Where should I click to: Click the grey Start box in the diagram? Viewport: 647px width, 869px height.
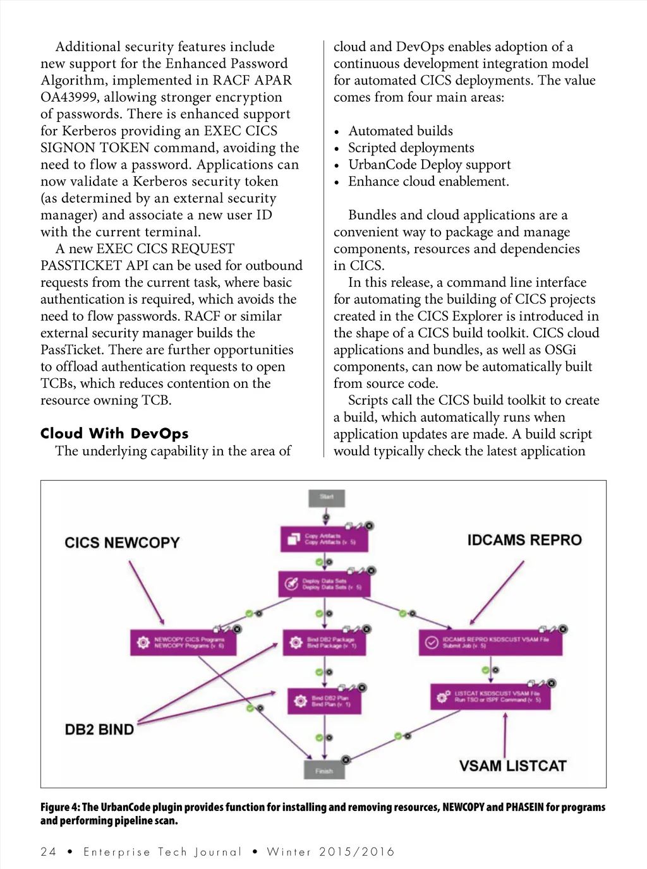[326, 498]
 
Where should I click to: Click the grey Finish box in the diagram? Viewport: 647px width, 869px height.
[324, 770]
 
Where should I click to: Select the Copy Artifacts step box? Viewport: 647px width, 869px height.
[324, 539]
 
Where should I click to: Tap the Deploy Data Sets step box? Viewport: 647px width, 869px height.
[324, 584]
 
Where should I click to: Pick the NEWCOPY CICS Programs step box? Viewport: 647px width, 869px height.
[183, 642]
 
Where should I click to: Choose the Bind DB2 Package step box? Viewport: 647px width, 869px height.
[324, 642]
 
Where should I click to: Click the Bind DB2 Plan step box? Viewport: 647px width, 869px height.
[324, 701]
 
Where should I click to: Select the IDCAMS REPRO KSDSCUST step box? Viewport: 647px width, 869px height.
[490, 642]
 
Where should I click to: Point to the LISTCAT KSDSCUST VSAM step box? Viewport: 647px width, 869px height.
[490, 697]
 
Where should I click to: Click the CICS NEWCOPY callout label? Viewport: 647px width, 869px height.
[122, 543]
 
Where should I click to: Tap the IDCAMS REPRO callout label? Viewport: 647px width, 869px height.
[524, 541]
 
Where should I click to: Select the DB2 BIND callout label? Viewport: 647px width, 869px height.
[99, 729]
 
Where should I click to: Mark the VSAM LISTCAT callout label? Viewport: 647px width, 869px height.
[512, 766]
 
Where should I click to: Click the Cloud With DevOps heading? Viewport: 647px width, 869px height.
[114, 433]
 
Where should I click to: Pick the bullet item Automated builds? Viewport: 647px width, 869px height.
[401, 131]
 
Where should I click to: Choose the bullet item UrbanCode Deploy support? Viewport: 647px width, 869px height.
[429, 165]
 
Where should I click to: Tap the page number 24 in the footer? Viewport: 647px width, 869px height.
[49, 852]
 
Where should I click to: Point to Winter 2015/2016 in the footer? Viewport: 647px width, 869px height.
[330, 852]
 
